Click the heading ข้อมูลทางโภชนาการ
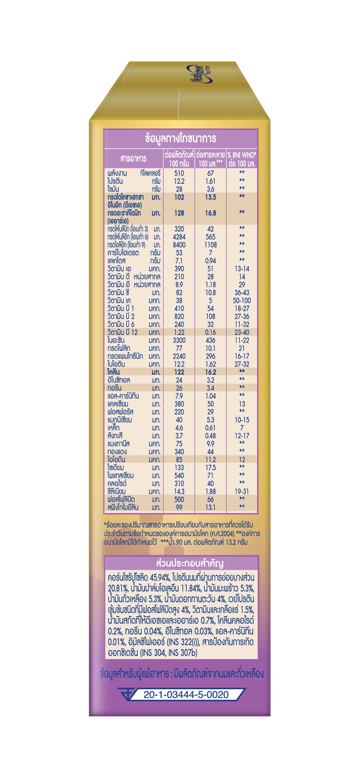(x=180, y=138)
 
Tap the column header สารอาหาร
(x=133, y=159)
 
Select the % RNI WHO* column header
(x=242, y=159)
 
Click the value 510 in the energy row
(x=179, y=173)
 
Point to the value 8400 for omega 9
(x=179, y=245)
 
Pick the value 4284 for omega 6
(x=179, y=237)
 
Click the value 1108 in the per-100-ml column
(x=210, y=245)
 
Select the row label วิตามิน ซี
(x=118, y=293)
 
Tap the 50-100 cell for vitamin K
(x=242, y=301)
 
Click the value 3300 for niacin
(x=179, y=340)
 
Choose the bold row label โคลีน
(x=113, y=372)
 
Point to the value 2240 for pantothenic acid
(x=179, y=356)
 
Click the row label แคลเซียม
(x=118, y=404)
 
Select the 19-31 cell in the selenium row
(x=242, y=491)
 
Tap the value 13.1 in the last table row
(x=210, y=507)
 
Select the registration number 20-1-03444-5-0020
(x=186, y=695)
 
